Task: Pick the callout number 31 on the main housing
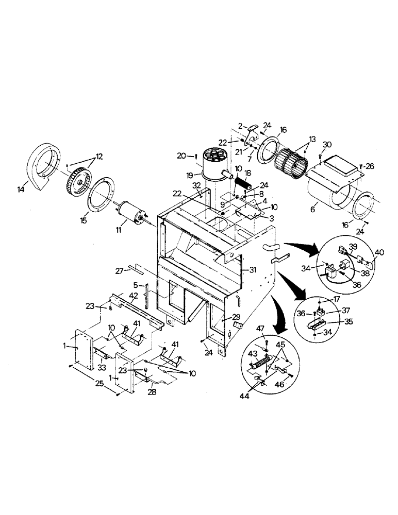click(252, 269)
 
